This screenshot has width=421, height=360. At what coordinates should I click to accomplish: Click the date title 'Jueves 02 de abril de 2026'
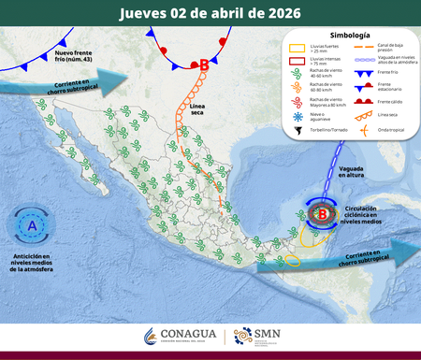coord(210,12)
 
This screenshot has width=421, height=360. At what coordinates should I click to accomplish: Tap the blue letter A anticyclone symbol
coord(33,226)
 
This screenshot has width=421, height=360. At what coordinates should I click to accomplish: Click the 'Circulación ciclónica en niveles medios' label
coord(368,214)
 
